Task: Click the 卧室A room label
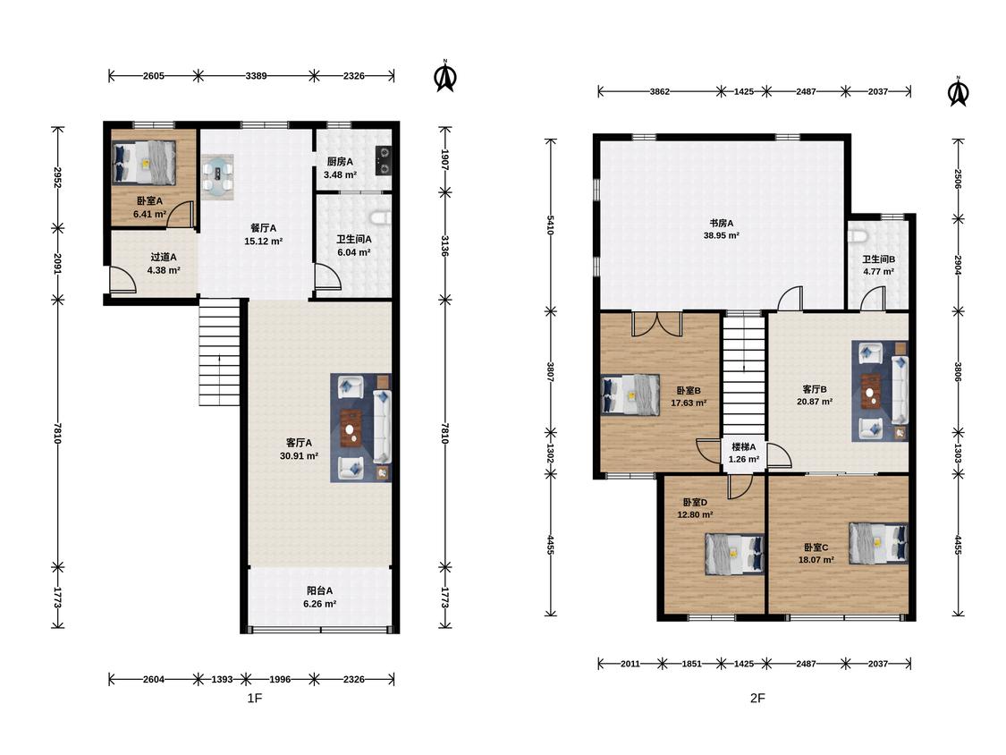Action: (149, 201)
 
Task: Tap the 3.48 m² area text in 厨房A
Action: (340, 174)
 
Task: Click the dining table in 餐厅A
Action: (217, 176)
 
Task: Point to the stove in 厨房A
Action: (384, 160)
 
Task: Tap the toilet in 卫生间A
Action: (383, 217)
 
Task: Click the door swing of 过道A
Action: (123, 280)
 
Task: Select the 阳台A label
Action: (319, 590)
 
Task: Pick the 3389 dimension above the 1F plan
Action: (256, 76)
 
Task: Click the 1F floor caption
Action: (255, 698)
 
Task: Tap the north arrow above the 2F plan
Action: (959, 92)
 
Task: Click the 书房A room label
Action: (721, 224)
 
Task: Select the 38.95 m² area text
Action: (721, 235)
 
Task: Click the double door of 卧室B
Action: (656, 325)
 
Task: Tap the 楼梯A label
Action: (744, 447)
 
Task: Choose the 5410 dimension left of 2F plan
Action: (550, 225)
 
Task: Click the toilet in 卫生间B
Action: (858, 235)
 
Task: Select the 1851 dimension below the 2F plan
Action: (691, 664)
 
